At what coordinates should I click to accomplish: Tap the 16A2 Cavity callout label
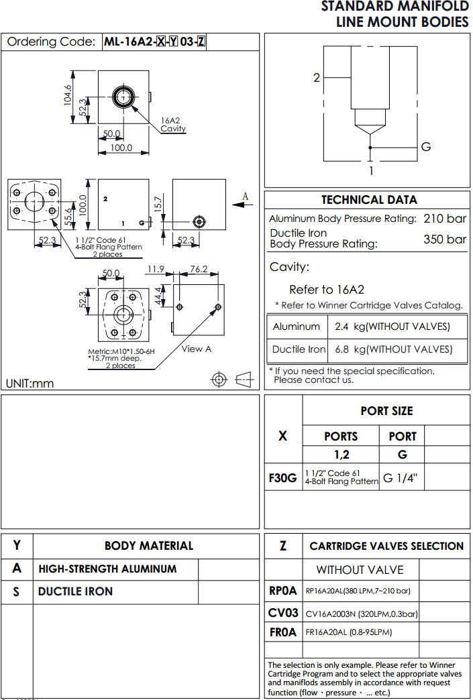pyautogui.click(x=173, y=125)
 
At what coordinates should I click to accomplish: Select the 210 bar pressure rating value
pyautogui.click(x=445, y=219)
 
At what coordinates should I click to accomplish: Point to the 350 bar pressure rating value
pyautogui.click(x=445, y=239)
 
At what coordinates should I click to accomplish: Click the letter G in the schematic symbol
pyautogui.click(x=425, y=147)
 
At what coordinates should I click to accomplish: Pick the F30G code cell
pyautogui.click(x=283, y=477)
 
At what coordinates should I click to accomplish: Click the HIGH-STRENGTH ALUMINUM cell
pyautogui.click(x=107, y=569)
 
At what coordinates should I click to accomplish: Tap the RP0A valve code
pyautogui.click(x=282, y=591)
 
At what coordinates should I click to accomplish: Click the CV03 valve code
pyautogui.click(x=282, y=612)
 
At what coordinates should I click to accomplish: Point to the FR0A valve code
pyautogui.click(x=282, y=632)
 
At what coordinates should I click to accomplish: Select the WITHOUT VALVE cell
pyautogui.click(x=360, y=570)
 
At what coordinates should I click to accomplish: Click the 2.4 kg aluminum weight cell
pyautogui.click(x=392, y=327)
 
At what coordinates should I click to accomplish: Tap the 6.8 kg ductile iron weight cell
pyautogui.click(x=392, y=349)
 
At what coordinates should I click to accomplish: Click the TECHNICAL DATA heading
pyautogui.click(x=368, y=200)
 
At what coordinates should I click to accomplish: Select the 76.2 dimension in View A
pyautogui.click(x=199, y=270)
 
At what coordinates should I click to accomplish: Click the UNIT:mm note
pyautogui.click(x=30, y=384)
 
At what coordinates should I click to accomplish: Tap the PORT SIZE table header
pyautogui.click(x=386, y=410)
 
